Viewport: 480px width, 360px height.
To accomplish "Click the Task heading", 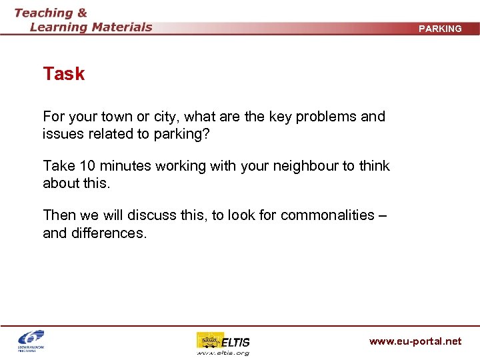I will tap(64, 74).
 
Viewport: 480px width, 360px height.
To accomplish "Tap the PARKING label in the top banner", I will tap(440, 29).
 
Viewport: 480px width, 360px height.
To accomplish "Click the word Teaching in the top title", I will tap(44, 13).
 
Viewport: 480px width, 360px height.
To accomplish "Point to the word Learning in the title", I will tap(59, 27).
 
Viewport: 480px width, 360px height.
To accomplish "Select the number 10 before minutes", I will tap(88, 166).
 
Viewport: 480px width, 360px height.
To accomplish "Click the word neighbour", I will tap(299, 166).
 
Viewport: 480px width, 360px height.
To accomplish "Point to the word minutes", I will tap(125, 166).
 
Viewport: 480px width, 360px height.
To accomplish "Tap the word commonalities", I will tap(327, 215).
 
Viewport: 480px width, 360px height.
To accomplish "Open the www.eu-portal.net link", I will tap(415, 341).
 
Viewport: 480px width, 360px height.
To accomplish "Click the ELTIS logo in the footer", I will tap(223, 341).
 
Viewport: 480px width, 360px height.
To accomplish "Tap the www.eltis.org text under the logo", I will tap(223, 353).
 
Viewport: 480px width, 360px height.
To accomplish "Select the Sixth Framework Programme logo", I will tap(31, 341).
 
